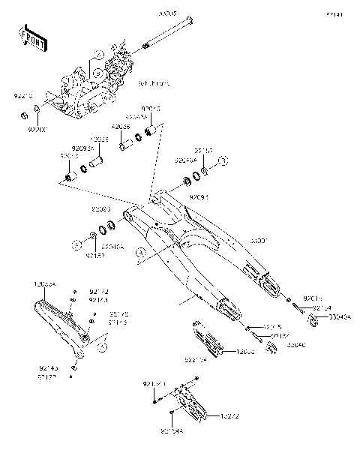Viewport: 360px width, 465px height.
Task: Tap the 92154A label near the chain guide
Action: coord(172,431)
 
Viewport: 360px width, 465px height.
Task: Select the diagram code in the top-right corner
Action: coord(334,13)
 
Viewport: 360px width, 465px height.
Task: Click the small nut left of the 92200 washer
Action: coord(23,115)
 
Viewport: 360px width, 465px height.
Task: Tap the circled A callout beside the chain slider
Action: coord(104,346)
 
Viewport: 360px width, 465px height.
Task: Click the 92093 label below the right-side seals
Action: coord(198,196)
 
